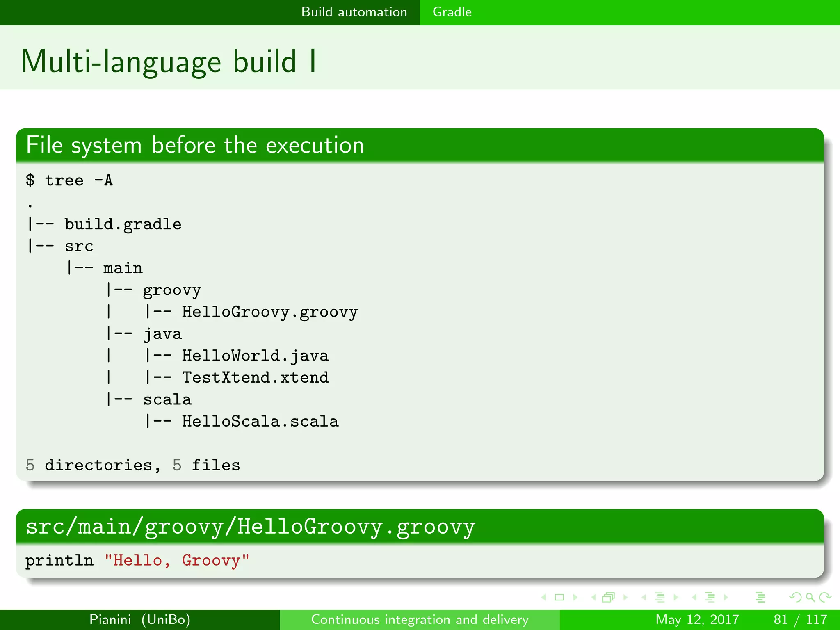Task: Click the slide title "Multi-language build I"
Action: tap(168, 62)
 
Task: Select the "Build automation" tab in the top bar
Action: tap(354, 12)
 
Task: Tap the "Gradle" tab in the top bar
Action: tap(452, 12)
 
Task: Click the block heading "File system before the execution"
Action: tap(195, 145)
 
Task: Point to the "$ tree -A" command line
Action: tap(69, 180)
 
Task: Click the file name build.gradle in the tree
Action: tap(123, 224)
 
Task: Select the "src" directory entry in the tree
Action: tap(79, 247)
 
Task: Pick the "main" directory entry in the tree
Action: tap(123, 268)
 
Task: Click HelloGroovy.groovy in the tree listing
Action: tap(269, 312)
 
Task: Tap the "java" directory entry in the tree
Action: tap(162, 334)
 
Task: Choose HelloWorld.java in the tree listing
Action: tap(255, 356)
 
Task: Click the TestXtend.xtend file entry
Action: tap(255, 378)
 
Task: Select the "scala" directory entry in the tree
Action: tap(167, 400)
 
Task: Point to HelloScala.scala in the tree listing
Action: tap(260, 422)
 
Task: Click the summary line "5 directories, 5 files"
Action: tap(132, 466)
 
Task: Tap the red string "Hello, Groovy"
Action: tap(177, 561)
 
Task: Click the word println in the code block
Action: tap(59, 561)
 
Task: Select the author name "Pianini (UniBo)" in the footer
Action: tap(140, 619)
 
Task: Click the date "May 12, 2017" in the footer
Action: tap(697, 619)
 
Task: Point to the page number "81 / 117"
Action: tap(800, 619)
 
